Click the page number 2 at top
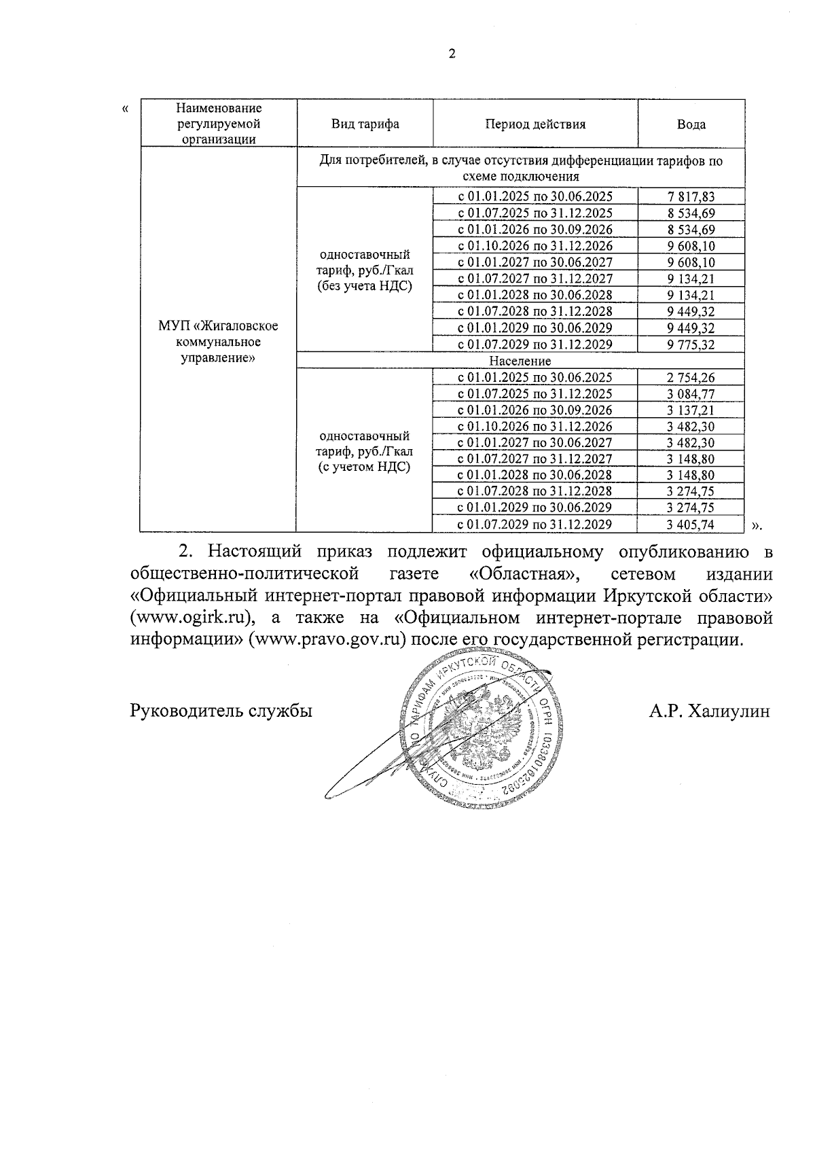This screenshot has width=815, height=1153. tap(452, 54)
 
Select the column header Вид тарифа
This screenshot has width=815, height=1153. tap(365, 124)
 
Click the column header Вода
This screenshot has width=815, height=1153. tap(691, 124)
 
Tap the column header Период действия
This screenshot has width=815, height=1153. tap(535, 124)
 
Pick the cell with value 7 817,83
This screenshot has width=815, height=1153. tap(691, 197)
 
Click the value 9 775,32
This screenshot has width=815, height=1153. tap(691, 344)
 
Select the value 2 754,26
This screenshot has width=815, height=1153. tap(691, 378)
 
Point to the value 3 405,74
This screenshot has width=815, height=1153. tap(691, 524)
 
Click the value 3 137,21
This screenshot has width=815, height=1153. tap(691, 410)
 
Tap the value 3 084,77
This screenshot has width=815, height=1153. tap(691, 394)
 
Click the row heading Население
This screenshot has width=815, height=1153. tap(520, 361)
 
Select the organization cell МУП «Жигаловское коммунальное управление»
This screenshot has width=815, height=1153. tap(218, 342)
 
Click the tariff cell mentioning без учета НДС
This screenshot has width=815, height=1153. tap(365, 270)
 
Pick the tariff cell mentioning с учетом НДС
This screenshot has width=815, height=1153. tap(365, 451)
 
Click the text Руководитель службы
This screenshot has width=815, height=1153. tap(221, 711)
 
